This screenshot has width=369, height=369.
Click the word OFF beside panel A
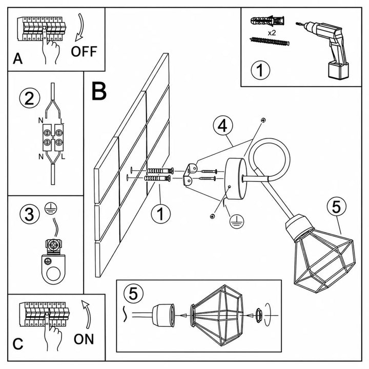coord(84,51)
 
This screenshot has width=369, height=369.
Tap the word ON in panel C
coord(84,339)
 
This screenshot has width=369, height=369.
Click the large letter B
coord(99,91)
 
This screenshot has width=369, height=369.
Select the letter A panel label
coord(17,58)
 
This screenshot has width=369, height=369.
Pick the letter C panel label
coord(18,344)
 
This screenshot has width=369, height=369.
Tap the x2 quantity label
coord(272,33)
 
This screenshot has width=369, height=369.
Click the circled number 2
coord(29,98)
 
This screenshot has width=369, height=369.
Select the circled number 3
coord(29,214)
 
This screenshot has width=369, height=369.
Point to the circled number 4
coord(223,126)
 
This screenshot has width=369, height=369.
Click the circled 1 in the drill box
coord(260,70)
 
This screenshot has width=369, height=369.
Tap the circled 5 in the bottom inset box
coord(133,293)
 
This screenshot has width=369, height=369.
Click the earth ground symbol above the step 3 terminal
coord(51,208)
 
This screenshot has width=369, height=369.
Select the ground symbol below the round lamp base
coord(237,221)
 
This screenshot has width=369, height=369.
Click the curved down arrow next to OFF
coord(80,27)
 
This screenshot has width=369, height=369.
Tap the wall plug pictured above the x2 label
coord(268,21)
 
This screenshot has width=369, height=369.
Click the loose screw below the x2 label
coord(270,42)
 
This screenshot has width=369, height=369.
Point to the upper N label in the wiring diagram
coord(40,120)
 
